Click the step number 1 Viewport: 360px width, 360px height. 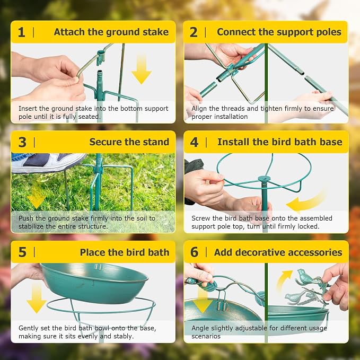click(21, 32)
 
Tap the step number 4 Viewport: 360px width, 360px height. click(194, 142)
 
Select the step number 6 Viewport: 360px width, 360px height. click(194, 252)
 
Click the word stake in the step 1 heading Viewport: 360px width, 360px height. click(156, 32)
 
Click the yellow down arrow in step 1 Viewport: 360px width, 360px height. click(142, 70)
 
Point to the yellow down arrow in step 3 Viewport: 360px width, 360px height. click(36, 197)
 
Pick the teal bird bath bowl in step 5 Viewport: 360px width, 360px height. click(94, 283)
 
